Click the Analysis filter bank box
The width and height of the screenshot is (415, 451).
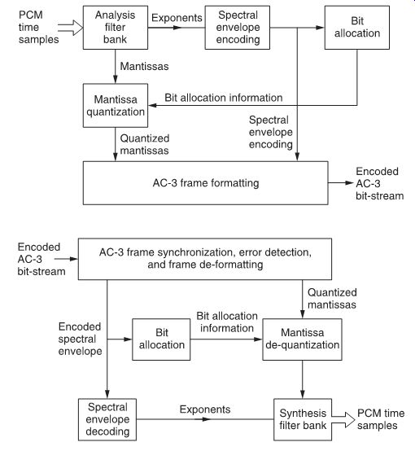(116, 28)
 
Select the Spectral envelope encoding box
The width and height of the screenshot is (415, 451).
(238, 28)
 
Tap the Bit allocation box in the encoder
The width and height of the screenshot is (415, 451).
(357, 28)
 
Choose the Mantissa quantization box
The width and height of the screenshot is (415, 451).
(116, 105)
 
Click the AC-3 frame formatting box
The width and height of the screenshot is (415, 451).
(205, 183)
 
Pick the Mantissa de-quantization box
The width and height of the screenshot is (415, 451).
(302, 339)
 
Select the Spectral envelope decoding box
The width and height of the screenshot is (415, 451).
(107, 419)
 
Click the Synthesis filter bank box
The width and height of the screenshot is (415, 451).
(303, 419)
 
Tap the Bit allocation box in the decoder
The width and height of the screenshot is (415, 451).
(161, 339)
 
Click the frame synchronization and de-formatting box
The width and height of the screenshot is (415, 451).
(205, 259)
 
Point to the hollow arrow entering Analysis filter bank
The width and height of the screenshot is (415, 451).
(71, 28)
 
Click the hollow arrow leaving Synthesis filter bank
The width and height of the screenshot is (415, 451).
(343, 419)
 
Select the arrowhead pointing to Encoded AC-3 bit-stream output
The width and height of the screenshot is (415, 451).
(349, 182)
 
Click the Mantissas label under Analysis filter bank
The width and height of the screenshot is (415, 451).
(144, 66)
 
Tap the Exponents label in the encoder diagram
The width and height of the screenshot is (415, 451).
(177, 18)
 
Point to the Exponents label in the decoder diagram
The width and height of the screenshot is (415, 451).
(205, 409)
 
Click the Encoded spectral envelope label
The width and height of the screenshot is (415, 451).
(80, 339)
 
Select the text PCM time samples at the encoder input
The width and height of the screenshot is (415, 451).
(38, 27)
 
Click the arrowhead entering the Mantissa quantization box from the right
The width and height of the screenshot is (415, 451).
(153, 105)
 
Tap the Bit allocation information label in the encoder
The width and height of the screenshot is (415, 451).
(224, 98)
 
